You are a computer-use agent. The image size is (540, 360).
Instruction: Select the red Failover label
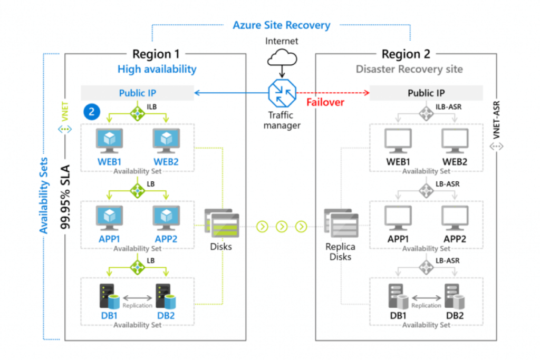[325, 101]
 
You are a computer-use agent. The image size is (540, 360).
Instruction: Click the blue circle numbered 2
[92, 111]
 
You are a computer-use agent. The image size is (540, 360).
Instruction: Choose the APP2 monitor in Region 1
[166, 218]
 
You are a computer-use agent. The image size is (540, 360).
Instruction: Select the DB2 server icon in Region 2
[454, 296]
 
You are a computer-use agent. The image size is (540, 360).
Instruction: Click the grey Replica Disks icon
[342, 226]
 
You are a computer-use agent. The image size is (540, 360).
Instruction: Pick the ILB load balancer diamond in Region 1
[137, 111]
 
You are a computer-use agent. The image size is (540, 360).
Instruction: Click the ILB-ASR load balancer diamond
[426, 112]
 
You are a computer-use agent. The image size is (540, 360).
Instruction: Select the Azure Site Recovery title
[282, 25]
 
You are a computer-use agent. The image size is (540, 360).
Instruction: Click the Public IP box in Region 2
[426, 93]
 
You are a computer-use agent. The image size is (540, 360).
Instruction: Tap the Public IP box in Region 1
[137, 93]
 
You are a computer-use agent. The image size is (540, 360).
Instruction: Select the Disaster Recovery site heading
[409, 69]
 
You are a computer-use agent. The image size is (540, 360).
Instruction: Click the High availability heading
[157, 69]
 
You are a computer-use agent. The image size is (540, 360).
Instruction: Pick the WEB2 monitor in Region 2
[454, 141]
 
